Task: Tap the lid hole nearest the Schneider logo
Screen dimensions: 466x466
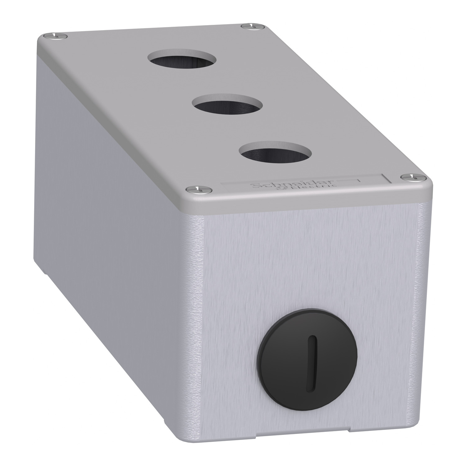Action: pyautogui.click(x=275, y=152)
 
